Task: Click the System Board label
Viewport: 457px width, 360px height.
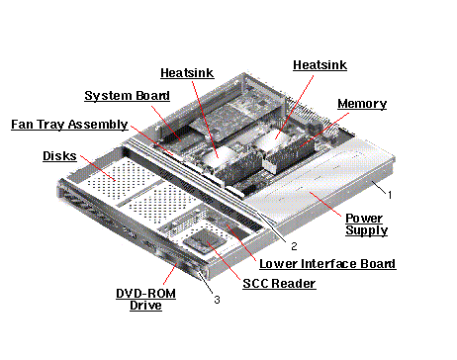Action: [x=128, y=96]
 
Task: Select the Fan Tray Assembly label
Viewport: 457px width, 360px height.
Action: [x=69, y=125]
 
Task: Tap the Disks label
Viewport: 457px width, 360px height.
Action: [x=59, y=155]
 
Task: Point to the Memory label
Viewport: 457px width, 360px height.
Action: [x=362, y=104]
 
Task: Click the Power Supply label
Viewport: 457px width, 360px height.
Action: [x=366, y=225]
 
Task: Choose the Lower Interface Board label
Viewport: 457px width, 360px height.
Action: [x=327, y=264]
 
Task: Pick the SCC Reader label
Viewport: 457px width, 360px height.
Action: [x=279, y=284]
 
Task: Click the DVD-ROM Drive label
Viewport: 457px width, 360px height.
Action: [x=145, y=300]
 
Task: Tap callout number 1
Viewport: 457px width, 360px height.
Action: [x=390, y=195]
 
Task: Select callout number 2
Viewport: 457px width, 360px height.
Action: [x=294, y=246]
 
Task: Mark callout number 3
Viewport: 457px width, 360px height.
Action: [x=217, y=300]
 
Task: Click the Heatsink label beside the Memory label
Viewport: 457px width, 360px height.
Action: [x=320, y=65]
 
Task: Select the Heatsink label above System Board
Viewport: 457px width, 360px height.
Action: [x=187, y=73]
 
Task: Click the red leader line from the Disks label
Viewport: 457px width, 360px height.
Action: [x=98, y=168]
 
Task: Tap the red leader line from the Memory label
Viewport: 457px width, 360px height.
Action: [x=323, y=130]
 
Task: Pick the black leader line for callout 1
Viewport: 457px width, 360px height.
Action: [x=379, y=188]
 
